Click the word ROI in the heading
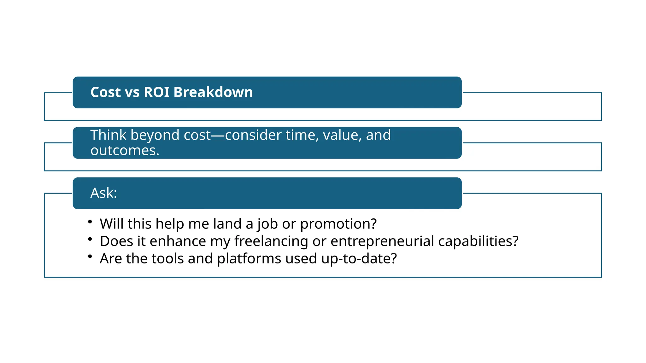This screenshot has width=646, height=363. [156, 92]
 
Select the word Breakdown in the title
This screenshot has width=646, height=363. [213, 92]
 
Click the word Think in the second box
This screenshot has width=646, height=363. [108, 135]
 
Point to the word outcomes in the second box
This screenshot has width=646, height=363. [124, 151]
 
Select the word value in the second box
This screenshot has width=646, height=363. [342, 135]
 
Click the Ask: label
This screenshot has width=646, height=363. [103, 193]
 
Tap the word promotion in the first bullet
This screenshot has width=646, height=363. [338, 224]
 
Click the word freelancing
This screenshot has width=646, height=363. [271, 241]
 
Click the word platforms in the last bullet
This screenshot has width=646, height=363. [249, 259]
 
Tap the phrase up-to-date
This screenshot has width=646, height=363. [359, 259]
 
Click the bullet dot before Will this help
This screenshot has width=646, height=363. [90, 222]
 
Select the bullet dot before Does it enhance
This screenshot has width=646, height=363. [90, 239]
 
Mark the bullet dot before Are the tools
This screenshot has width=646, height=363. [90, 256]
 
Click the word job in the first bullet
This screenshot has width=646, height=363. [267, 224]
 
